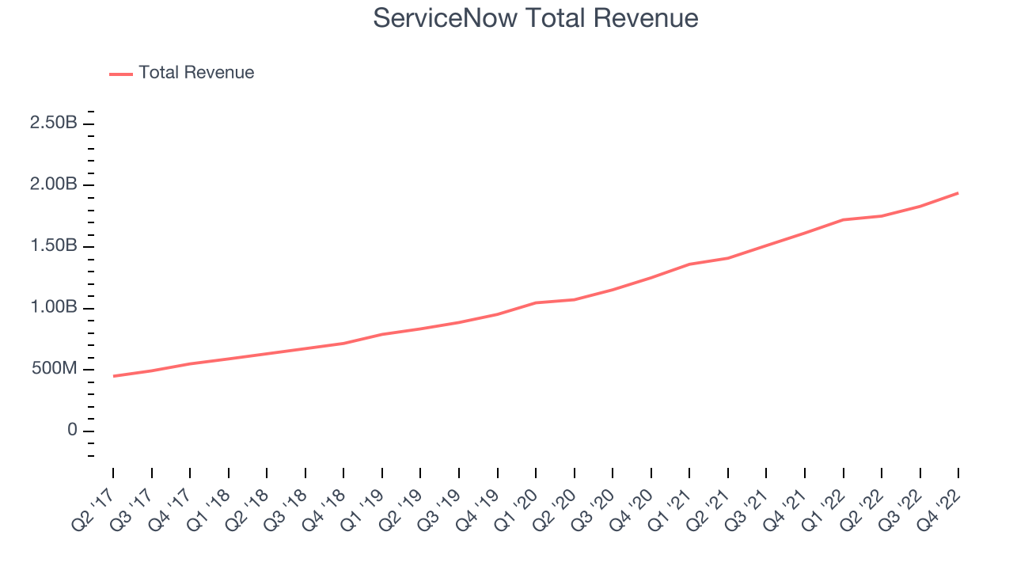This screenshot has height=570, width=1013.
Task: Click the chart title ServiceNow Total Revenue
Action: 536,18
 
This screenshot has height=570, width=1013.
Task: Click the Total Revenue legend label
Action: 196,73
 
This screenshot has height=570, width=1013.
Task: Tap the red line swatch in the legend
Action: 121,74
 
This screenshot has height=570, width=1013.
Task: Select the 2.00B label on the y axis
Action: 54,185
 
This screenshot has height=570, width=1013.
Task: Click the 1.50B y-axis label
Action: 54,246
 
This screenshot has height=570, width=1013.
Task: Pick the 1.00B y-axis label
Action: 54,308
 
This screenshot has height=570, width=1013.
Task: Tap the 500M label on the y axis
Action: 54,370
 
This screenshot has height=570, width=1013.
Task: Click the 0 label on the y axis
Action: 72,431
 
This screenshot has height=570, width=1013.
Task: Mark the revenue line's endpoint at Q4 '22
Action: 958,192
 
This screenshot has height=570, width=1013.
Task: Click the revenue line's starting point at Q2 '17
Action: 113,376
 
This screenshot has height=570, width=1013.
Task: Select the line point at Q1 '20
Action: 536,302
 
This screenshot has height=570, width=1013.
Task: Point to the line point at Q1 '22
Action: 843,219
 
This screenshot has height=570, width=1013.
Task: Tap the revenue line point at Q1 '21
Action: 689,264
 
